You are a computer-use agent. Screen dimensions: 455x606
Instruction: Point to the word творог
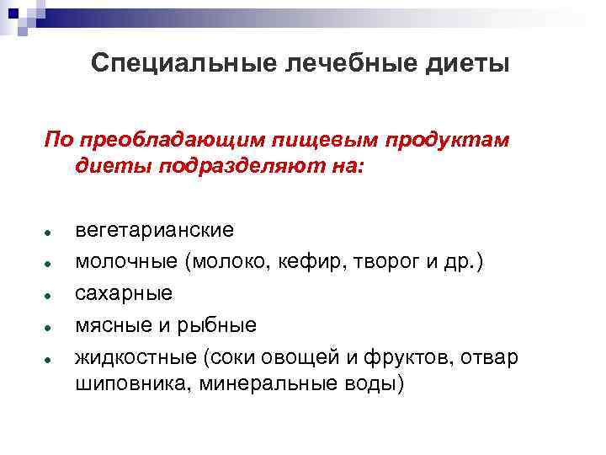373,262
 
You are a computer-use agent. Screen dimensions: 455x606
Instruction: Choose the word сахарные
124,293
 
